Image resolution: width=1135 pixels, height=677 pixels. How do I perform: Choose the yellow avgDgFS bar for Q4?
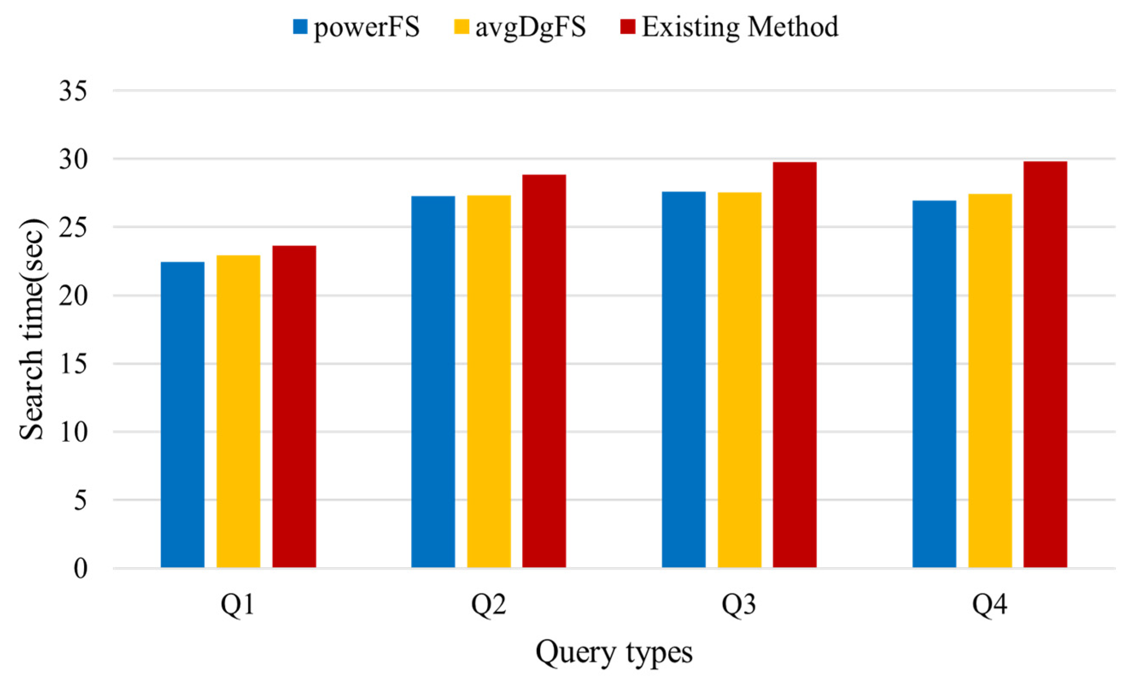click(x=990, y=380)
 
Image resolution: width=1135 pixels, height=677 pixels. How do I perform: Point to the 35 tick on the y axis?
click(x=73, y=91)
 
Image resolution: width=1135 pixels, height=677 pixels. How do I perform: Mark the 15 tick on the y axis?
click(x=73, y=364)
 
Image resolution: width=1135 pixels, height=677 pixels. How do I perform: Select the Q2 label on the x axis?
click(x=488, y=605)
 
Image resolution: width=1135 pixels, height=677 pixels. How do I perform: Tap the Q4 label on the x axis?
click(x=989, y=605)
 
